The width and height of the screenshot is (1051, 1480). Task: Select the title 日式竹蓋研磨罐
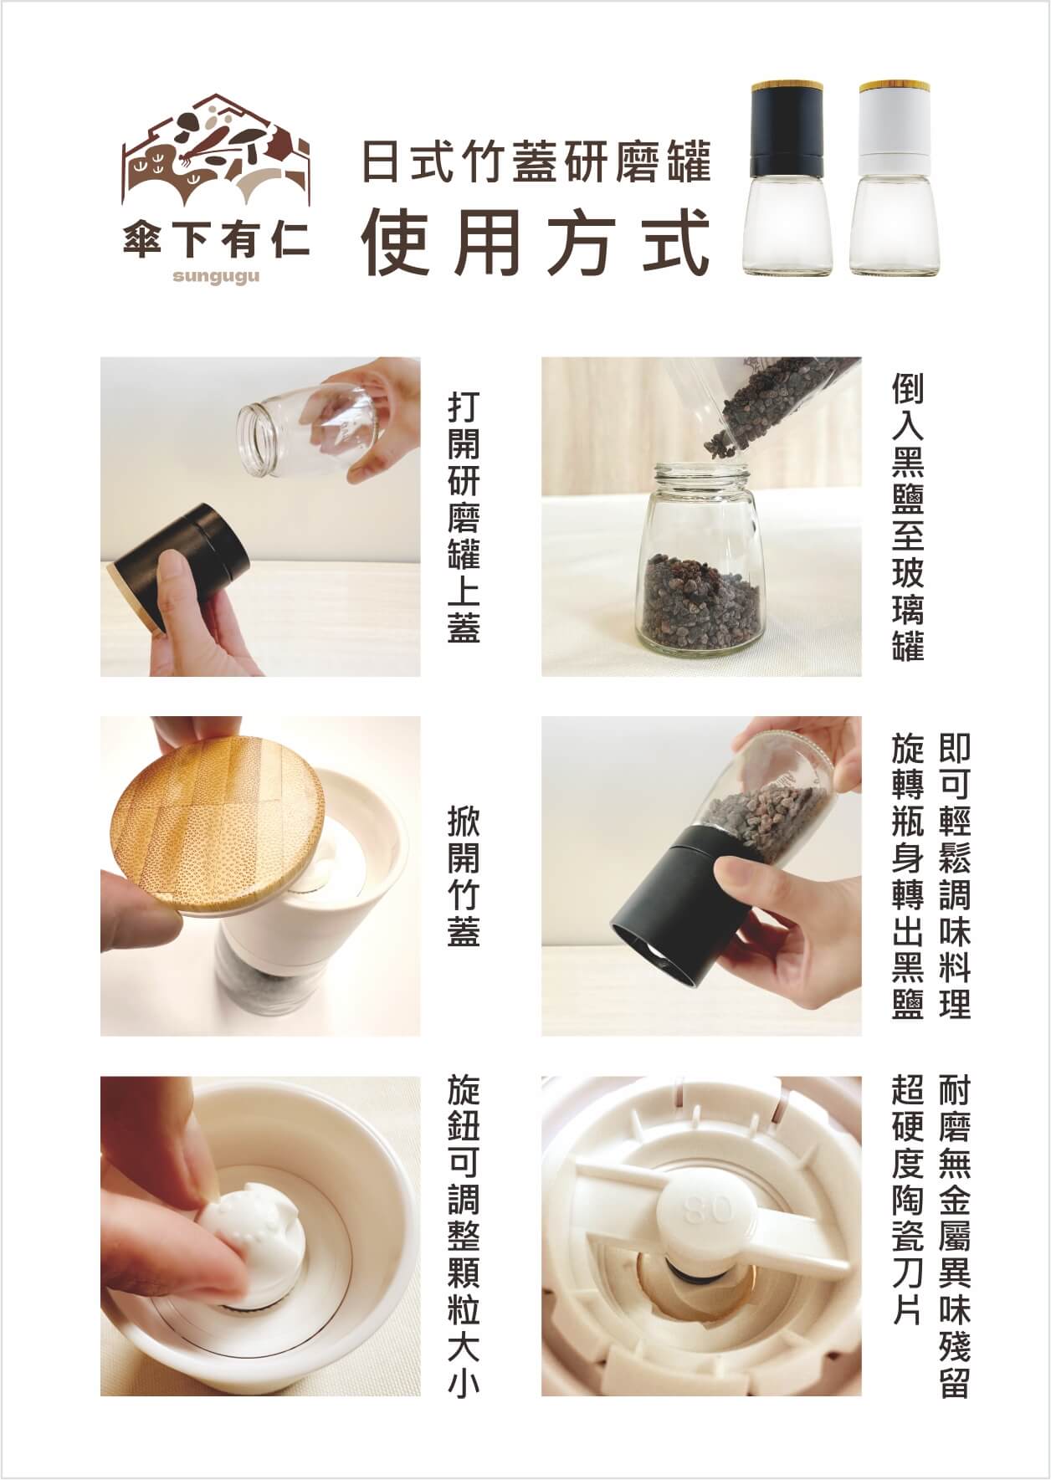(536, 162)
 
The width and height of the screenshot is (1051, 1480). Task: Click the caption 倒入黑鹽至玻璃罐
(907, 517)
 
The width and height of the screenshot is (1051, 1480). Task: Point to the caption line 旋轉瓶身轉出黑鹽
(907, 876)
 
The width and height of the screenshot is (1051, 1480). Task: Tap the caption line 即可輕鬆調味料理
(954, 876)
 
